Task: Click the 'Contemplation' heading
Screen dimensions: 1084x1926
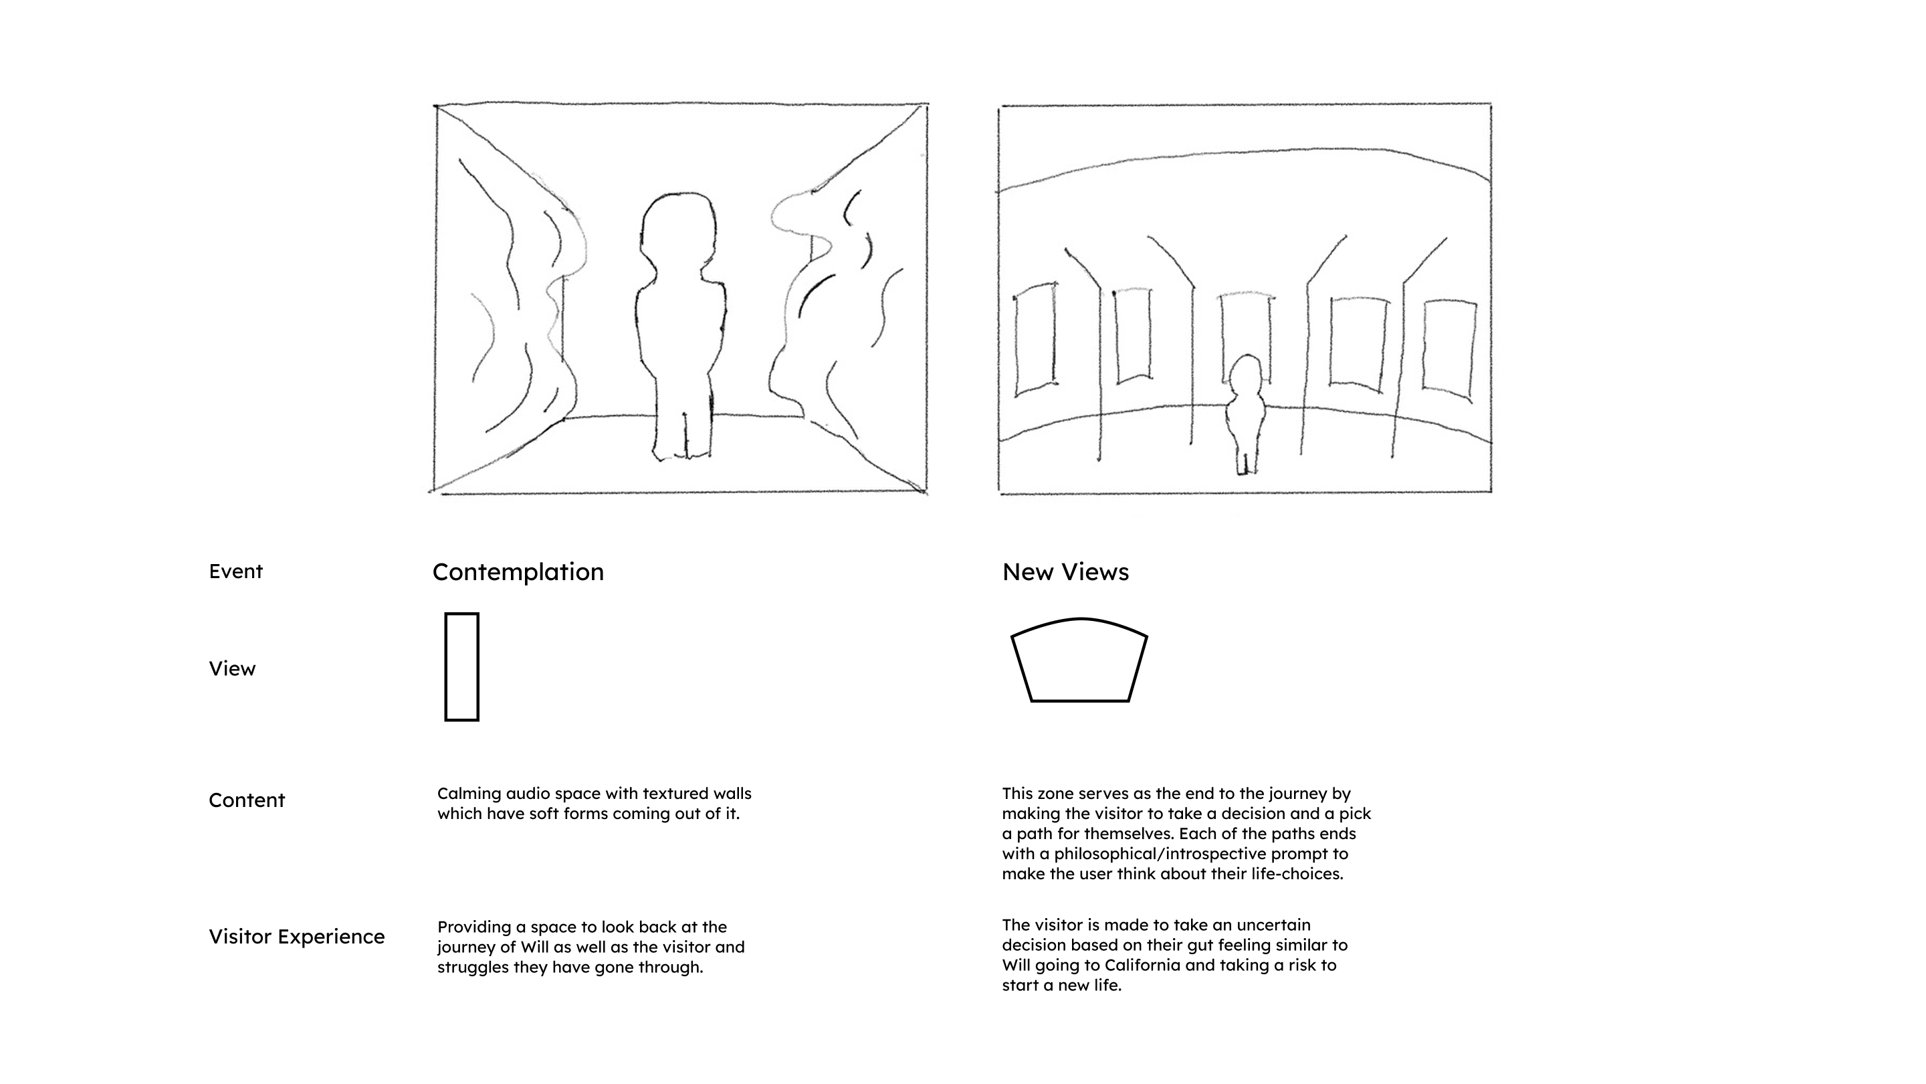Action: click(518, 572)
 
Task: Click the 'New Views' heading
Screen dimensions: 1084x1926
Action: click(1065, 572)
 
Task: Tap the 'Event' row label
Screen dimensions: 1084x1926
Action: click(235, 571)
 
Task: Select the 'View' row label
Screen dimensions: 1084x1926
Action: click(232, 669)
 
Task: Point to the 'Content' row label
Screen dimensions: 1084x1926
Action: click(247, 800)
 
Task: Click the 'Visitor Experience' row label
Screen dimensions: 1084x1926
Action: click(296, 937)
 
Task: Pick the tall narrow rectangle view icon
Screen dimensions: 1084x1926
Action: click(461, 667)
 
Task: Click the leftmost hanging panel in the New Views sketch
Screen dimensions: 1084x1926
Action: click(1035, 339)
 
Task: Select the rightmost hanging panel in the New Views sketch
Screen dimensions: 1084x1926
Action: click(1449, 347)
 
